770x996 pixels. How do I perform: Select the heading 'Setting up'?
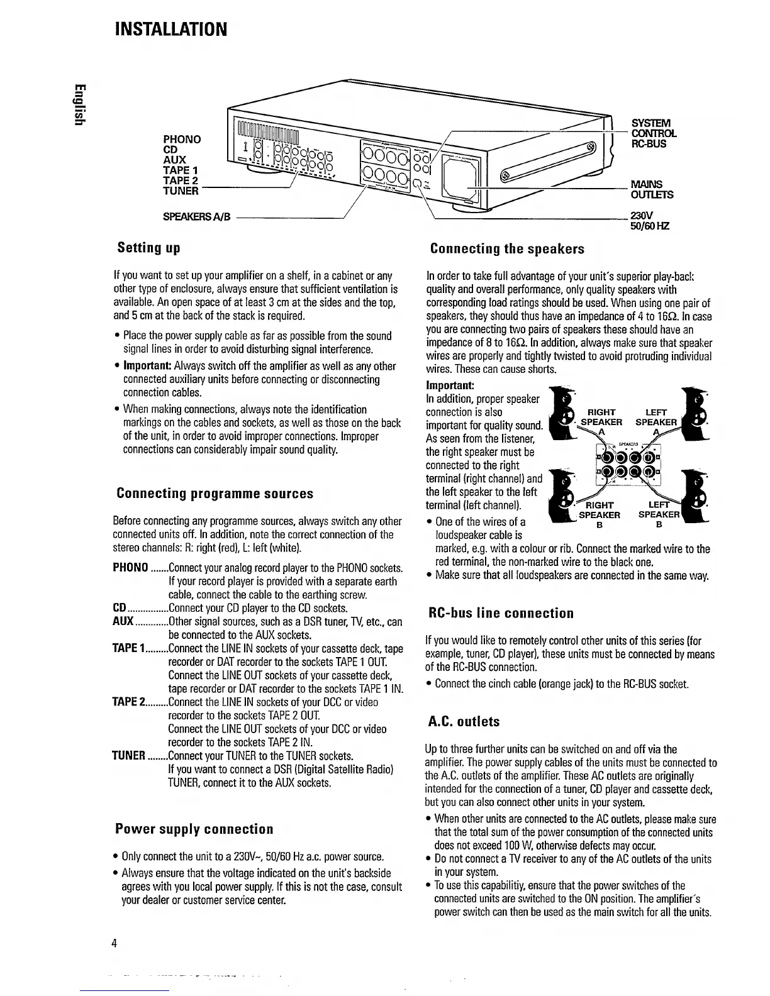click(x=148, y=248)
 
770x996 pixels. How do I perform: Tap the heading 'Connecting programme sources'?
click(x=215, y=493)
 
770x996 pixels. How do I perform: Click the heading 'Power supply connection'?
click(x=194, y=829)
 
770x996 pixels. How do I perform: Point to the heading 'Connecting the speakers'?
click(x=507, y=248)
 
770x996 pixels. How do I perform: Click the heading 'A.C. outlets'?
click(x=464, y=721)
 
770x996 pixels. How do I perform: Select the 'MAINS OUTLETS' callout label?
click(x=651, y=189)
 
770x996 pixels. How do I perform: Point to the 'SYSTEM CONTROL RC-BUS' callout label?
click(x=653, y=133)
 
